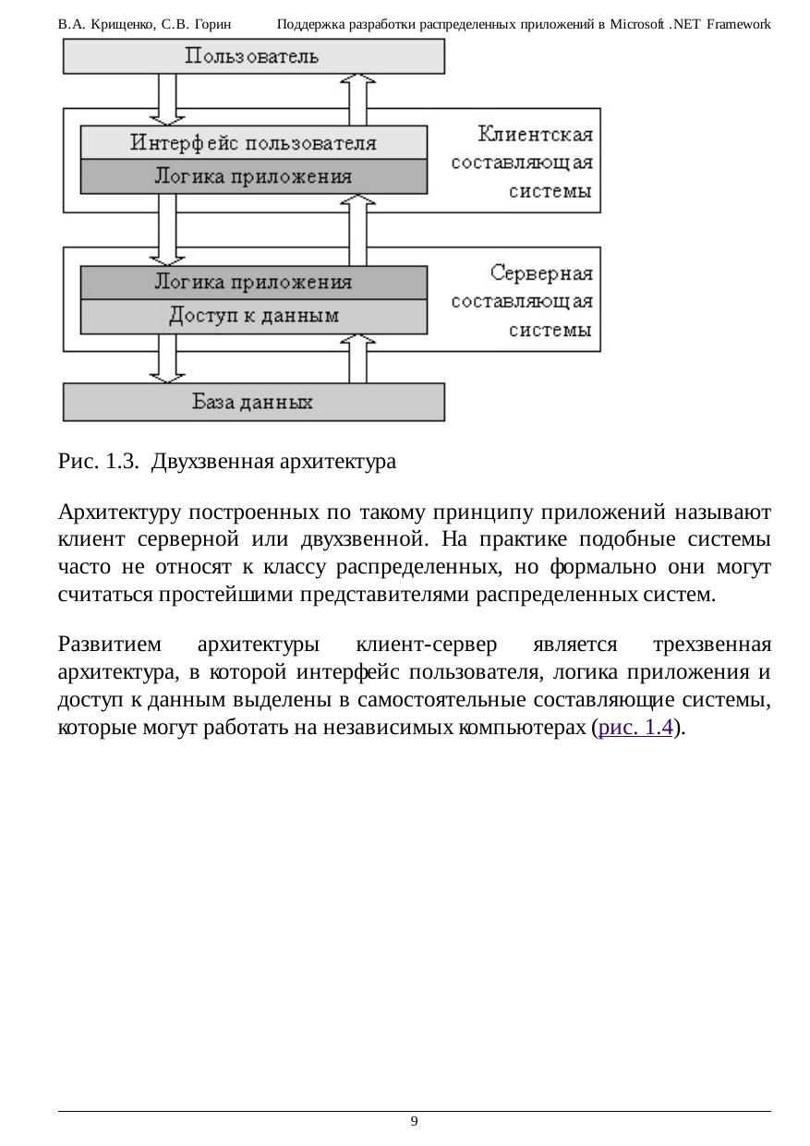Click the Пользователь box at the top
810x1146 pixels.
[x=253, y=56]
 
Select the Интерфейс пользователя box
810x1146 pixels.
[x=253, y=143]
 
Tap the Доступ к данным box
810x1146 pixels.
[x=253, y=317]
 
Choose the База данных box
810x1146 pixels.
[x=253, y=403]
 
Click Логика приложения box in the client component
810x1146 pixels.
[x=253, y=176]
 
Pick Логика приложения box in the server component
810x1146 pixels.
[x=253, y=283]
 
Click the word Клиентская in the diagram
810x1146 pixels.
[x=536, y=135]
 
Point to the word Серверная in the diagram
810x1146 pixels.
[x=541, y=273]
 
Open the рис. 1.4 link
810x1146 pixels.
[x=635, y=728]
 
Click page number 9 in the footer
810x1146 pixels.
[x=414, y=1121]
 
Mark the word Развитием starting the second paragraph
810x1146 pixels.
[x=109, y=643]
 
